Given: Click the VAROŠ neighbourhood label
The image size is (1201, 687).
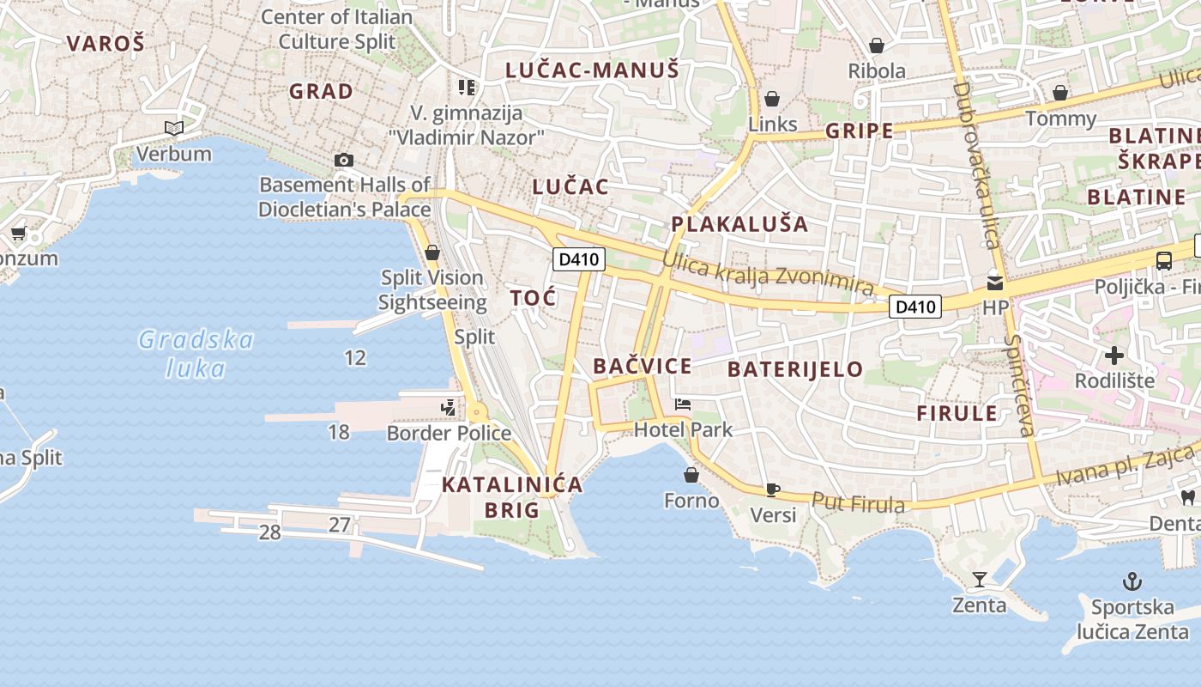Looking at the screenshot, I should click(x=106, y=44).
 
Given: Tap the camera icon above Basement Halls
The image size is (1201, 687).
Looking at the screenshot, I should click(x=344, y=160).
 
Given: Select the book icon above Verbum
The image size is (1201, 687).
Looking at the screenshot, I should click(x=174, y=129).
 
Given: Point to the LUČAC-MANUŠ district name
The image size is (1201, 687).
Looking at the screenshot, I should click(x=592, y=70).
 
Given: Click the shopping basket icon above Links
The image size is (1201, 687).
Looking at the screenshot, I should click(x=772, y=99).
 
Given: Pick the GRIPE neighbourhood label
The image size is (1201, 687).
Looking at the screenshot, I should click(x=859, y=131).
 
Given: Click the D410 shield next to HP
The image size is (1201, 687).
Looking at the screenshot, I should click(x=915, y=306).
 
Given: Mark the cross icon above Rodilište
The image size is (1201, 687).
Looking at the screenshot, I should click(x=1114, y=355).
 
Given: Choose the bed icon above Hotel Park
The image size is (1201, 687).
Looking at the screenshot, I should click(x=683, y=404).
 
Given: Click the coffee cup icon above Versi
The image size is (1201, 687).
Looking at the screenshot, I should click(x=773, y=489).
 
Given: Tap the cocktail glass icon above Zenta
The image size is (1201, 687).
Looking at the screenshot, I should click(x=979, y=580).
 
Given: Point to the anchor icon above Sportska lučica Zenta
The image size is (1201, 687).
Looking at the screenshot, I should click(x=1133, y=581).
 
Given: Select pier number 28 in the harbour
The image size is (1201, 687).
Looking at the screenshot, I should click(x=269, y=532).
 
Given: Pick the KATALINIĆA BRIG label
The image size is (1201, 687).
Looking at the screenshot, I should click(x=512, y=497).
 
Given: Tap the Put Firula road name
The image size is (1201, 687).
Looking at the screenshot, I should click(x=858, y=502).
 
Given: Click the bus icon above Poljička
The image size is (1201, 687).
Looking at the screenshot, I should click(x=1164, y=261).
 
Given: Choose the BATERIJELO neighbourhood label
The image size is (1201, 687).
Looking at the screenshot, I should click(x=795, y=369).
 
